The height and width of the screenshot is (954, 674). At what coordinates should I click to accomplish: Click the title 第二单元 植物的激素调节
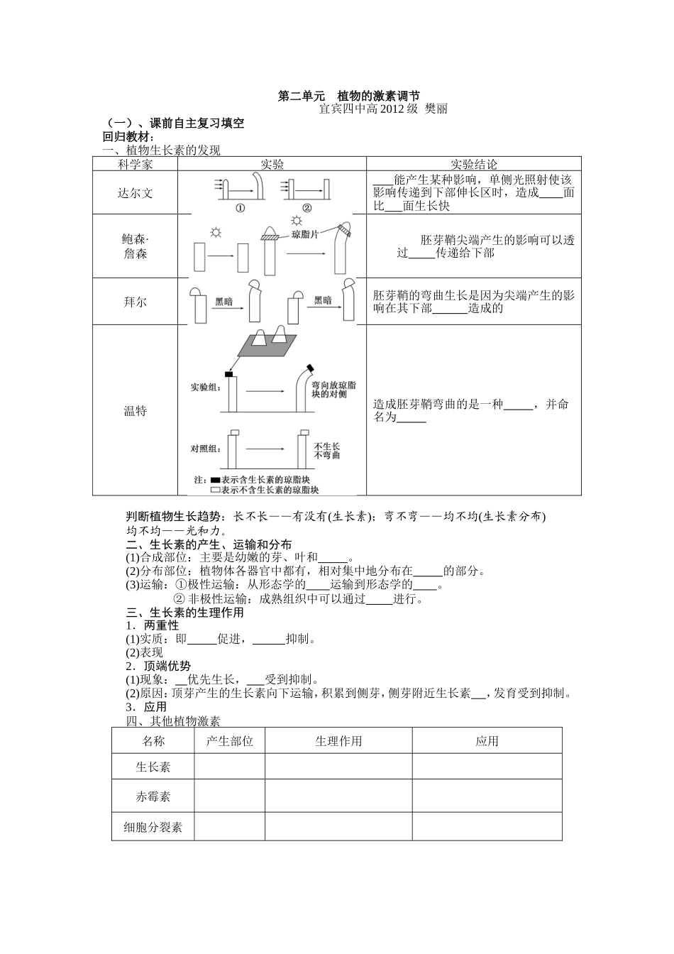pyautogui.click(x=348, y=96)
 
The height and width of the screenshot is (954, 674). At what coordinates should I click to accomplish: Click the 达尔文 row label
pyautogui.click(x=135, y=192)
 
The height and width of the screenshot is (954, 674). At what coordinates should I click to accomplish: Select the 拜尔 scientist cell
pyautogui.click(x=135, y=301)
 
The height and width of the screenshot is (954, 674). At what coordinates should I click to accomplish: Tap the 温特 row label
pyautogui.click(x=135, y=410)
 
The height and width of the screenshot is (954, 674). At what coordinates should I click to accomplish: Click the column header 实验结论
pyautogui.click(x=474, y=164)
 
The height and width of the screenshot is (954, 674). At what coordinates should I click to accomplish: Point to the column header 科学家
pyautogui.click(x=135, y=164)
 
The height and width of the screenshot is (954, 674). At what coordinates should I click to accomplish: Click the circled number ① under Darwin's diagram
pyautogui.click(x=240, y=208)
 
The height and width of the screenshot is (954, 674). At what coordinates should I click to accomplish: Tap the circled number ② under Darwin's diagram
pyautogui.click(x=306, y=208)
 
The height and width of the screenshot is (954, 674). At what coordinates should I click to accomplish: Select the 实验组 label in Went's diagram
pyautogui.click(x=205, y=388)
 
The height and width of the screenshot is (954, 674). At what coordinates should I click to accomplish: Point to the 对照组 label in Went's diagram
pyautogui.click(x=205, y=449)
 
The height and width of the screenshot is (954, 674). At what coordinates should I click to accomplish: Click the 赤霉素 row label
pyautogui.click(x=153, y=796)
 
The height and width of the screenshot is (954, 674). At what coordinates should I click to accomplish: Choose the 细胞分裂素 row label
pyautogui.click(x=153, y=827)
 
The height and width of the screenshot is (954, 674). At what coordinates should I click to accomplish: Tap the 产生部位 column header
pyautogui.click(x=230, y=741)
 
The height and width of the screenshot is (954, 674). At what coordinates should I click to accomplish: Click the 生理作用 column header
pyautogui.click(x=338, y=741)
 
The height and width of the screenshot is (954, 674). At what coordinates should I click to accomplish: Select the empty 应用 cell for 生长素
pyautogui.click(x=487, y=767)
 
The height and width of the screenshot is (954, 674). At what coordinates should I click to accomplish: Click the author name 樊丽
pyautogui.click(x=436, y=109)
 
